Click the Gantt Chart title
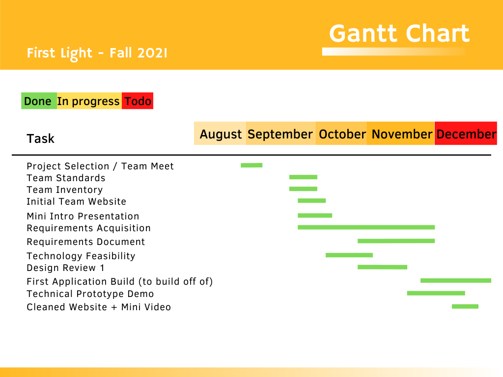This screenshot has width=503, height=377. pyautogui.click(x=399, y=33)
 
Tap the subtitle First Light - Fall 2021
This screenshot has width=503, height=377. pyautogui.click(x=97, y=53)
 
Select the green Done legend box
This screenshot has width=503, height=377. pyautogui.click(x=39, y=101)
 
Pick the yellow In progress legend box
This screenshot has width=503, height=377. pyautogui.click(x=89, y=101)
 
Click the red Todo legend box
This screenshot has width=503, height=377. pyautogui.click(x=138, y=101)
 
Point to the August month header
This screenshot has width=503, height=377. pyautogui.click(x=220, y=134)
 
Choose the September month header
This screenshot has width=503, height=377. pyautogui.click(x=280, y=134)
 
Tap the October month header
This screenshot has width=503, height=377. pyautogui.click(x=341, y=134)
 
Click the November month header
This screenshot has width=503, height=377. pyautogui.click(x=401, y=134)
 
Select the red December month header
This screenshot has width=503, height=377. pyautogui.click(x=466, y=134)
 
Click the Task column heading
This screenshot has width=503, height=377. pyautogui.click(x=40, y=139)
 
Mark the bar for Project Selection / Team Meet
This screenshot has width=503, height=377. pyautogui.click(x=251, y=165)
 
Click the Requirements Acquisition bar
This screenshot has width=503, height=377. pyautogui.click(x=366, y=227)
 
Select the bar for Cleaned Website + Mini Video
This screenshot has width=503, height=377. pyautogui.click(x=465, y=306)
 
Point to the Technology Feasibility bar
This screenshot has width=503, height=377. pyautogui.click(x=349, y=255)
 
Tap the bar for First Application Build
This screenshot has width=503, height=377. pyautogui.click(x=456, y=280)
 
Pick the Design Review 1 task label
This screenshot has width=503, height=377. pyautogui.click(x=65, y=268)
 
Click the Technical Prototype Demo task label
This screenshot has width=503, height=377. pyautogui.click(x=90, y=294)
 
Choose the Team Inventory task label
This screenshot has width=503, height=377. pyautogui.click(x=64, y=190)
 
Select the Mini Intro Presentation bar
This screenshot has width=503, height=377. pyautogui.click(x=315, y=215)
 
